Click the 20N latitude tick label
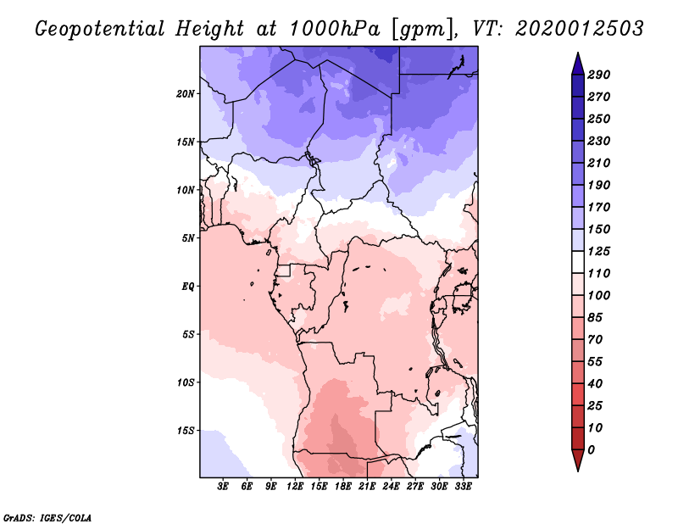tap(186, 93)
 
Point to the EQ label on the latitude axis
tap(188, 286)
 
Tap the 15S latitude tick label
tap(186, 430)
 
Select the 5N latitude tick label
tap(188, 237)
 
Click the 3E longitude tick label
tap(224, 487)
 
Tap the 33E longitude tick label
tap(464, 487)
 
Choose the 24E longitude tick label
tap(392, 487)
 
